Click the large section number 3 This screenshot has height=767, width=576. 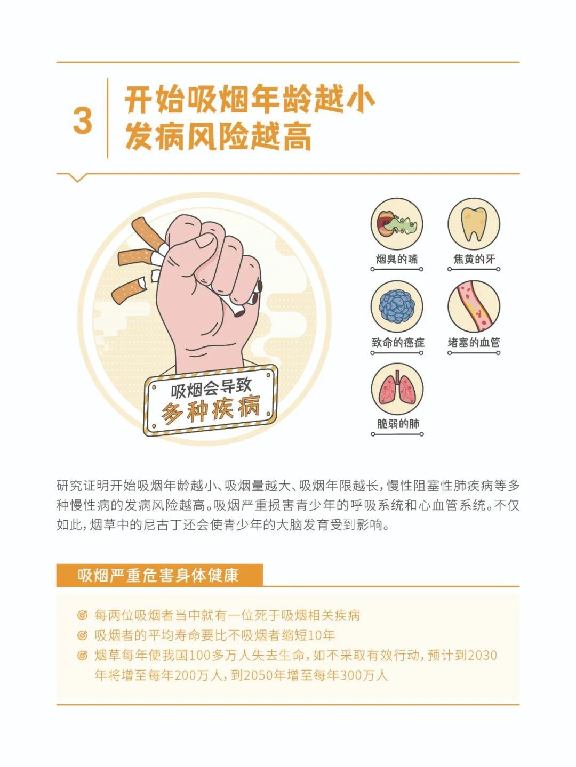83,120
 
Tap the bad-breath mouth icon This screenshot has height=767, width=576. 397,224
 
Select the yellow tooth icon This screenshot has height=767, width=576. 474,224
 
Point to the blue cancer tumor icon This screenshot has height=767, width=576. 397,306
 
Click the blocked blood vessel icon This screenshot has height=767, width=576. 474,306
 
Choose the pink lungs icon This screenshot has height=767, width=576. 397,389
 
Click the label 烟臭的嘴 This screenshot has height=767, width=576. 397,260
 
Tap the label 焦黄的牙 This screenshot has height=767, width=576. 474,260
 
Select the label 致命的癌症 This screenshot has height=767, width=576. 397,342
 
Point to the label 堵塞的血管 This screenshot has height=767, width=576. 474,342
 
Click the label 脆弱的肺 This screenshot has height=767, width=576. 398,424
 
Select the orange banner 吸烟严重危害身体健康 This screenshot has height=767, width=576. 159,576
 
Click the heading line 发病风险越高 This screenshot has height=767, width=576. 218,137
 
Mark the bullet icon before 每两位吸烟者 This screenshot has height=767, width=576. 82,616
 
